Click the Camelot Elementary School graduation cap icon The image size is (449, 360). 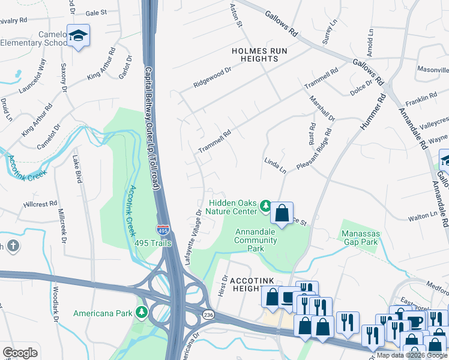(x=78, y=36)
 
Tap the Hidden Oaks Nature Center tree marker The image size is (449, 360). (x=265, y=207)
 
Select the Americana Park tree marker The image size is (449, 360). (x=141, y=313)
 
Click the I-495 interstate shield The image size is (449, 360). (x=163, y=230)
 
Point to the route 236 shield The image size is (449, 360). (x=207, y=314)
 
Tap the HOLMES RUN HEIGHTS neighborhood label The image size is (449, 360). (x=259, y=55)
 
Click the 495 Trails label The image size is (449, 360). (x=154, y=243)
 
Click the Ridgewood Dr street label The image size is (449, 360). (x=212, y=79)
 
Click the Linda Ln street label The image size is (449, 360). (x=275, y=166)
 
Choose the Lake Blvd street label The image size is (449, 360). (x=76, y=169)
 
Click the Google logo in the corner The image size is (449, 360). (x=20, y=353)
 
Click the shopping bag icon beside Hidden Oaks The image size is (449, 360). (x=282, y=212)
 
